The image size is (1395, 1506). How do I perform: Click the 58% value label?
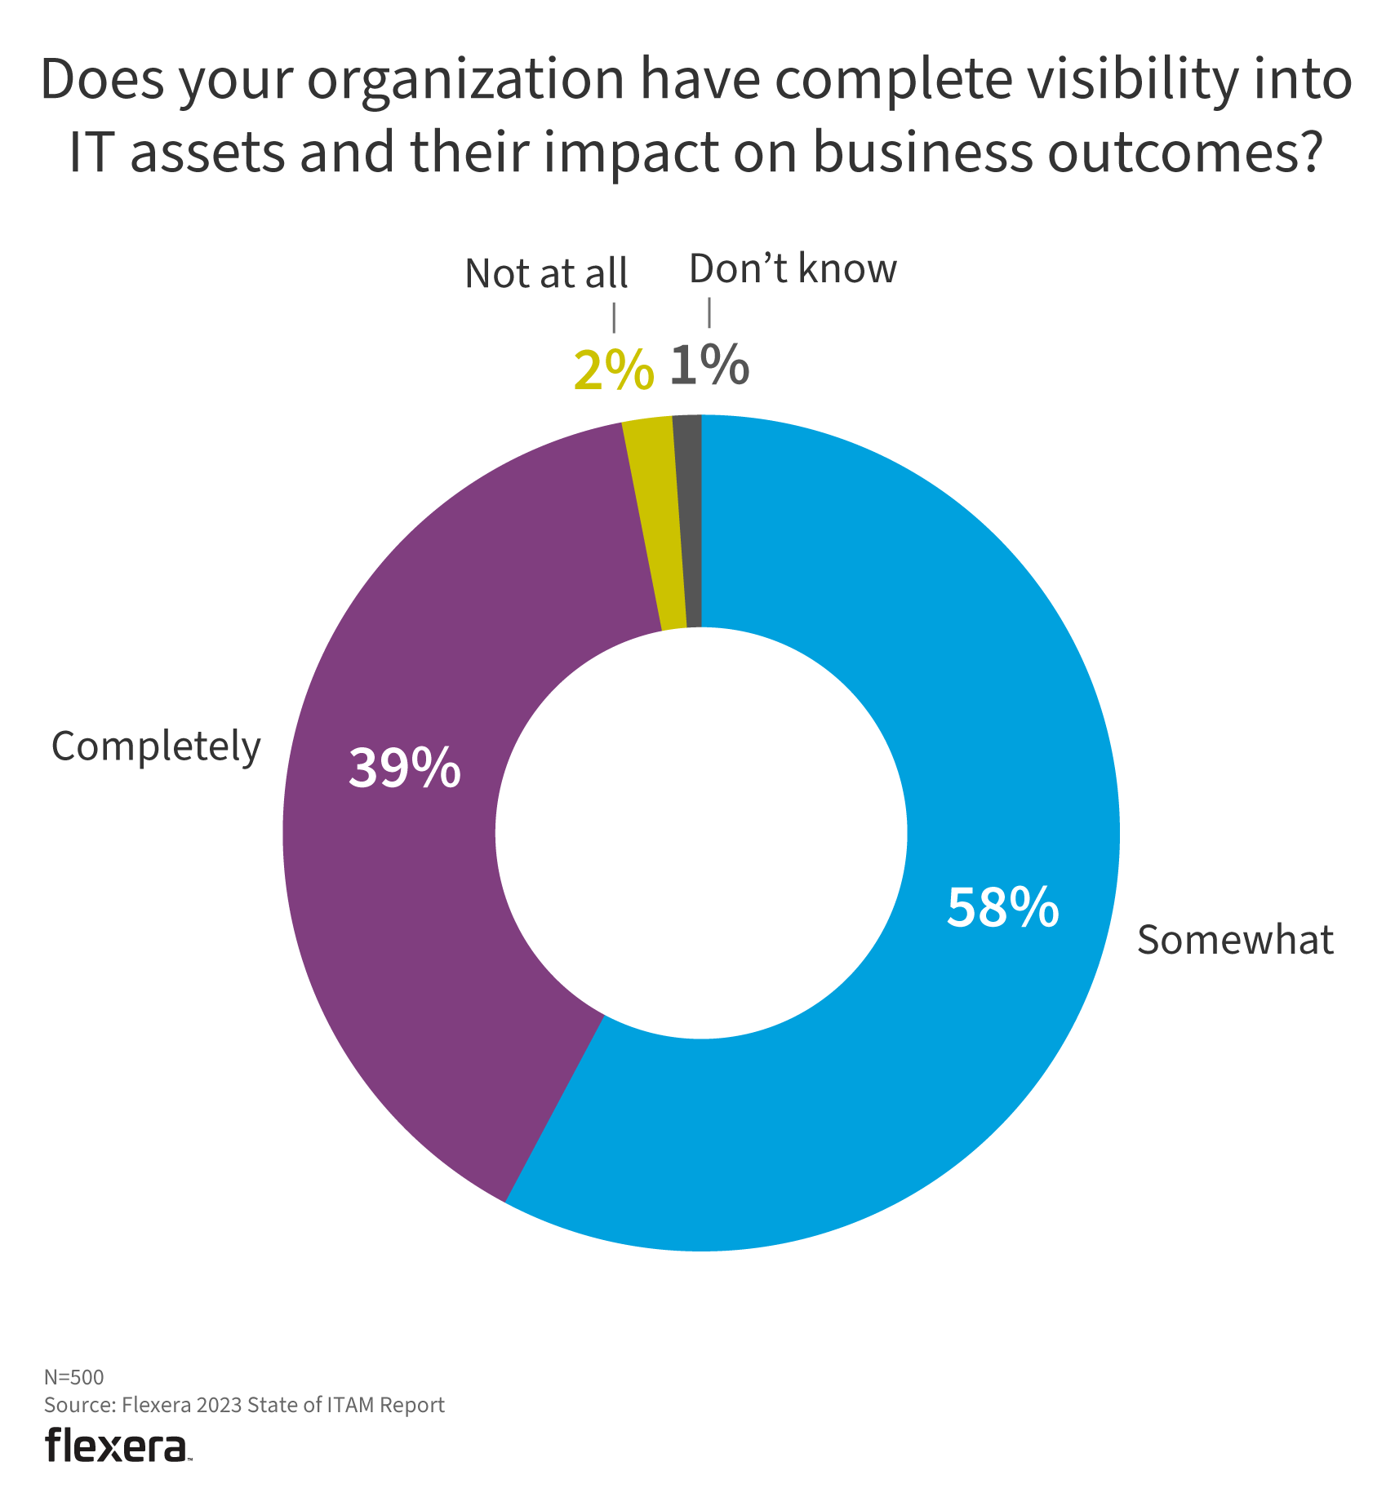tap(1002, 907)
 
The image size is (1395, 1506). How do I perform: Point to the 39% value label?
tap(404, 768)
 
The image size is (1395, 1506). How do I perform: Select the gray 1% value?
tap(709, 365)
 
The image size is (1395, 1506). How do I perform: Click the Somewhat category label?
tap(1235, 940)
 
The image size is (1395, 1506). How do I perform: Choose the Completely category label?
tap(156, 747)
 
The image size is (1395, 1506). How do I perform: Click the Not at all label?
tap(546, 273)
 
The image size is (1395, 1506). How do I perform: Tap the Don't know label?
tap(793, 269)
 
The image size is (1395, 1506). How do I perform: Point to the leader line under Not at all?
tap(614, 318)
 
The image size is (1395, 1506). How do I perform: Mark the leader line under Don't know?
tap(709, 312)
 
